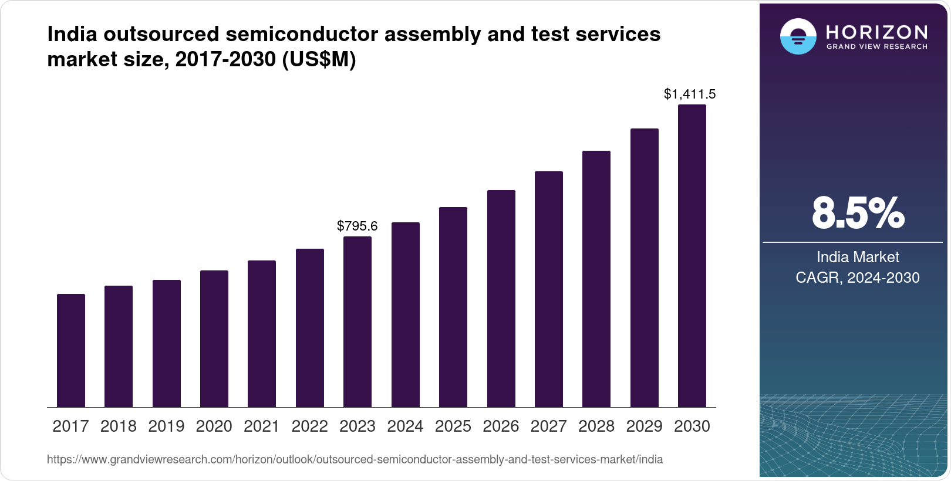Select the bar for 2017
click(x=71, y=350)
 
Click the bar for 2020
click(x=214, y=338)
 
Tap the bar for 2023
click(x=358, y=321)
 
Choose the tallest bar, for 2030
click(x=692, y=256)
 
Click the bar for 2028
click(x=596, y=279)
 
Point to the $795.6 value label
click(x=358, y=226)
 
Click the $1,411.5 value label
click(x=690, y=94)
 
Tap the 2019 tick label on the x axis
click(x=166, y=426)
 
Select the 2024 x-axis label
click(x=405, y=426)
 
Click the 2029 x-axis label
click(x=644, y=426)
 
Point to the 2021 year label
click(x=262, y=426)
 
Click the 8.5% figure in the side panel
click(x=858, y=214)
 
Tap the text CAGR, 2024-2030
click(x=858, y=277)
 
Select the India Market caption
click(x=858, y=257)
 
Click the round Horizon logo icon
click(x=798, y=36)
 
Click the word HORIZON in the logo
click(x=877, y=32)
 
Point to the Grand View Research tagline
click(x=877, y=47)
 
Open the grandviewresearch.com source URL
click(x=355, y=459)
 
